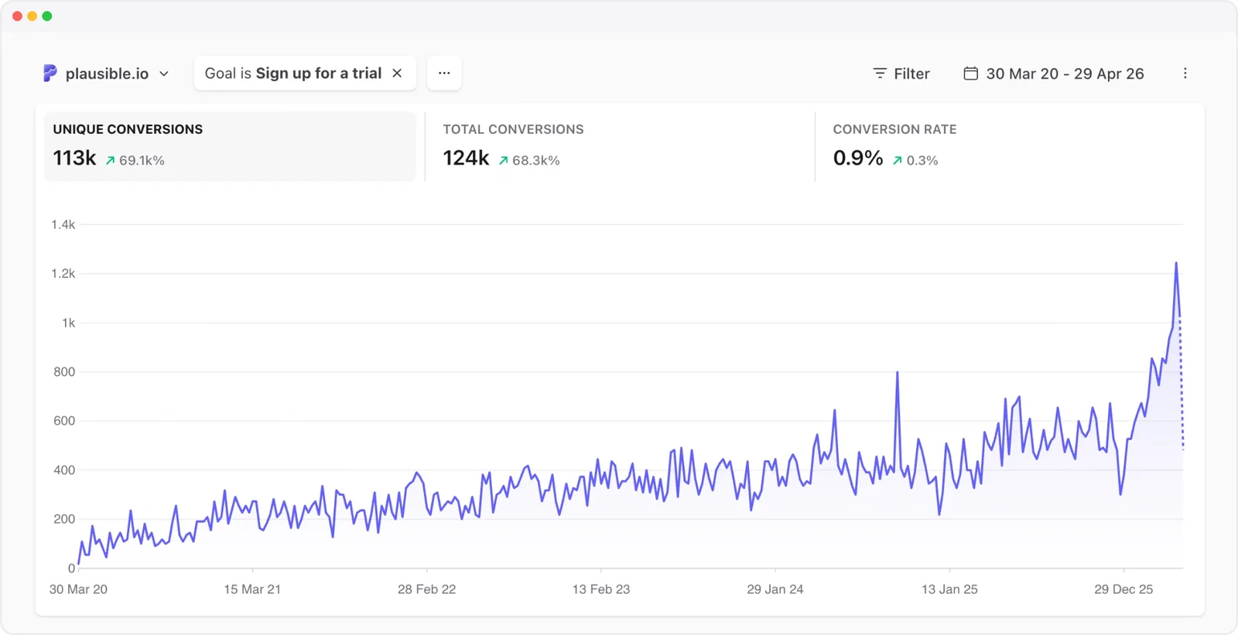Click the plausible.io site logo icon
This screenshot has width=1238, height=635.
[50, 73]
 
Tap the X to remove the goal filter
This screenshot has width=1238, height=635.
[397, 73]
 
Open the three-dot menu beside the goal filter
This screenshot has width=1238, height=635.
[444, 73]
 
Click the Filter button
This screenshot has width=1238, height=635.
[901, 73]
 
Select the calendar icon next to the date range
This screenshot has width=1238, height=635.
[970, 73]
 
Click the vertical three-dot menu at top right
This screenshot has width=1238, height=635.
[1185, 73]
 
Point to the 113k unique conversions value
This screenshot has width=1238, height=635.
[74, 159]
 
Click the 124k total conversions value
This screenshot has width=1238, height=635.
[466, 159]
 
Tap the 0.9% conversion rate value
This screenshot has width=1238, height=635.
[857, 159]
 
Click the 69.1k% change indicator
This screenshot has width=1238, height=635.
[135, 161]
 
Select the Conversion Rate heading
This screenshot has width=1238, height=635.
[894, 129]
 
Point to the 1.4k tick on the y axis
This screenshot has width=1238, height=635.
[63, 225]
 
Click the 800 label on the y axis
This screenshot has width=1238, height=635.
[64, 372]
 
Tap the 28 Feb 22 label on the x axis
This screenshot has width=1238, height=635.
[426, 589]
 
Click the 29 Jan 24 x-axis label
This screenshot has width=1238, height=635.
[775, 589]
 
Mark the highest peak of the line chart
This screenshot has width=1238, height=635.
[1176, 264]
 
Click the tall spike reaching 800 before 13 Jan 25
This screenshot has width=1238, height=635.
[898, 374]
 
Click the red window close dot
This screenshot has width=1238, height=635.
[17, 16]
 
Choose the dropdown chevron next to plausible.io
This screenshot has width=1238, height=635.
[164, 73]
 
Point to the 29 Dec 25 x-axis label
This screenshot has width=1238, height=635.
[1123, 589]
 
